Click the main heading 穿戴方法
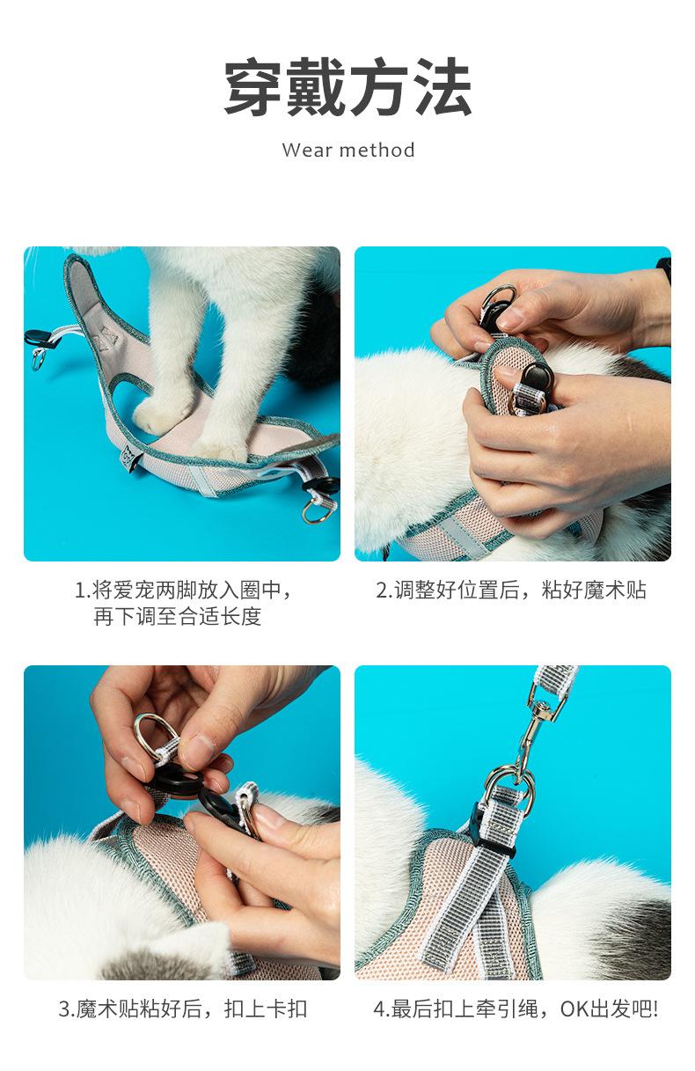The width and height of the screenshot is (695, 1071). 348,87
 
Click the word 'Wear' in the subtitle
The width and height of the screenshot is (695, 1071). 307,150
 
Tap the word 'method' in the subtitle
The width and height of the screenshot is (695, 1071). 377,150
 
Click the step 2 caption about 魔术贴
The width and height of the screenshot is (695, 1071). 511,590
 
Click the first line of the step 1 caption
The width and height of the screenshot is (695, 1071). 183,590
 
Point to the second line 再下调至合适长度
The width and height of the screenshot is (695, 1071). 178,616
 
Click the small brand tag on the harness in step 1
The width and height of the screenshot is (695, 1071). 129,458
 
